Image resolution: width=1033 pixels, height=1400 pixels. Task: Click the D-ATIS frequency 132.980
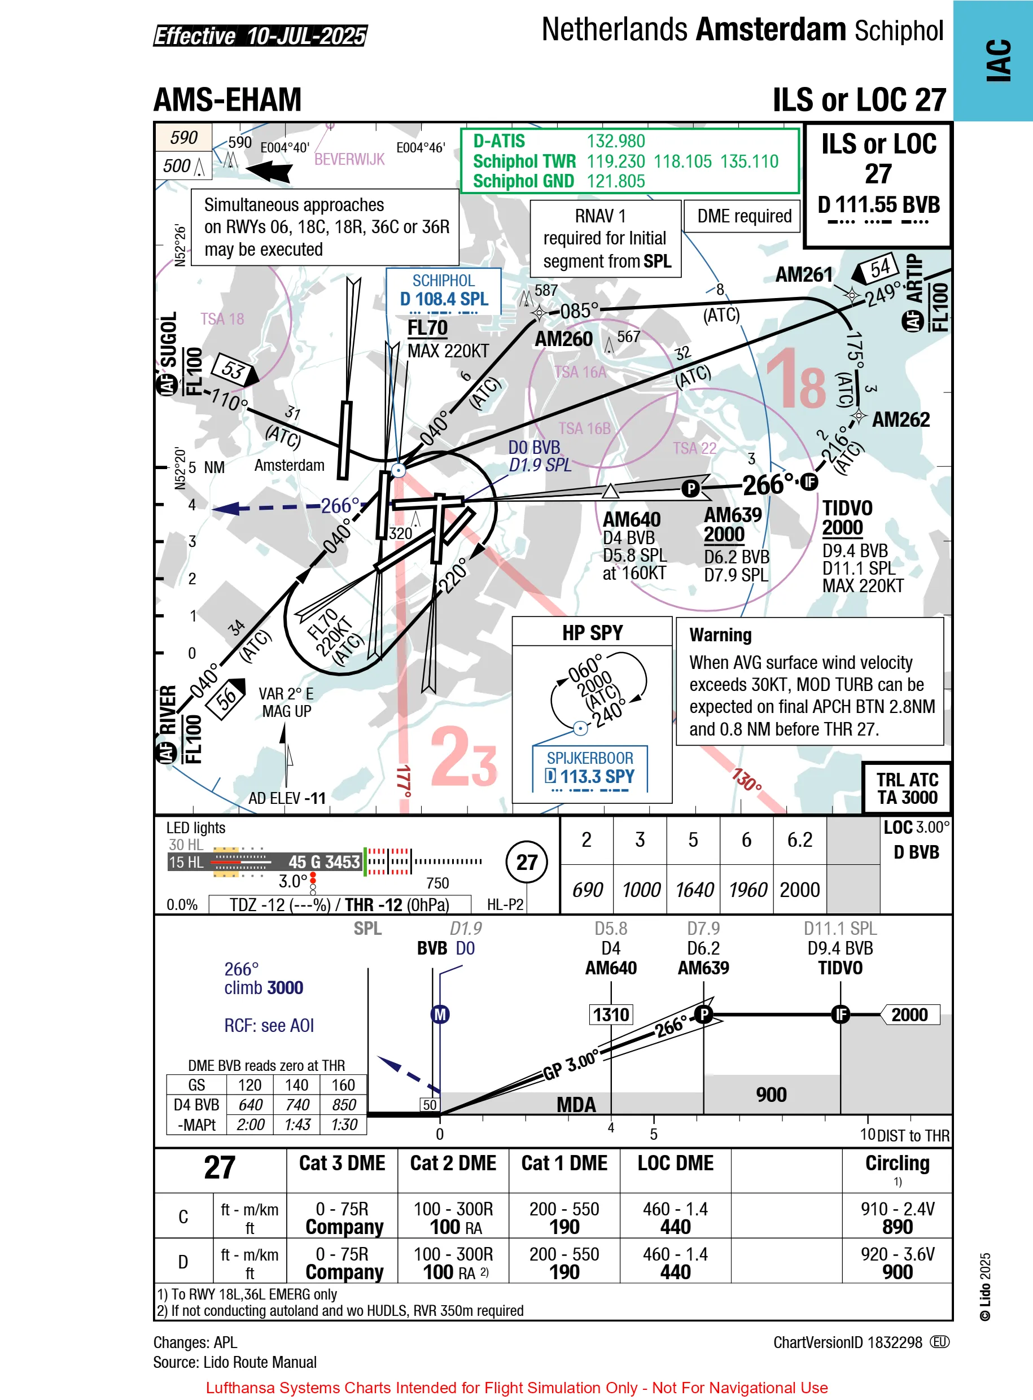point(615,141)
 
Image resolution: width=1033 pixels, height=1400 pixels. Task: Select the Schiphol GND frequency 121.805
point(615,181)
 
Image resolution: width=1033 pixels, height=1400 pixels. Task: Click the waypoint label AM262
point(900,419)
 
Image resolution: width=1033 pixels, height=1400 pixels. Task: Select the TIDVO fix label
point(847,508)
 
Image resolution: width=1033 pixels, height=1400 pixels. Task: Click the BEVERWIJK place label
point(349,159)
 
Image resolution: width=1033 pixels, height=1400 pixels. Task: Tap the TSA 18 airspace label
point(222,319)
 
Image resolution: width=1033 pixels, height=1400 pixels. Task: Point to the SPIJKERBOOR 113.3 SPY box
point(590,768)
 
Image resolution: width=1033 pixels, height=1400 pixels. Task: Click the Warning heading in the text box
point(720,635)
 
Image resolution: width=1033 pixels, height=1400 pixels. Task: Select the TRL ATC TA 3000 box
point(906,789)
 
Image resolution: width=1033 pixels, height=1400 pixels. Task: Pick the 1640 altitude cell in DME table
point(693,890)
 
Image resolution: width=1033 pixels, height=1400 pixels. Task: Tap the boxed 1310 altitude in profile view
point(610,1015)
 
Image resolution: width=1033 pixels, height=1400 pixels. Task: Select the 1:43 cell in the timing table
point(297,1125)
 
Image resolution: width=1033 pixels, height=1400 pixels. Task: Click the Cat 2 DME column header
point(453,1163)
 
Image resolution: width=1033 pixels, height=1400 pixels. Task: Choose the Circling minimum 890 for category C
point(897,1227)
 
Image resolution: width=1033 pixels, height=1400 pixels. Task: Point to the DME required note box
point(743,216)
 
